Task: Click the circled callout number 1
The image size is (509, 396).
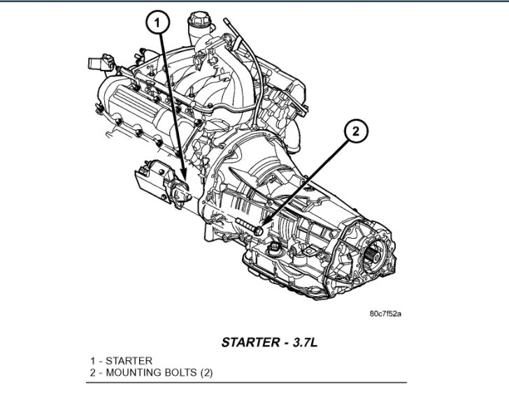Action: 158,24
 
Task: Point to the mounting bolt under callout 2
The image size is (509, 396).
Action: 250,225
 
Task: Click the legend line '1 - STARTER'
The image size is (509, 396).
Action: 121,360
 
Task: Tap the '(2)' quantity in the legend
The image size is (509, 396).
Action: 206,373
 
